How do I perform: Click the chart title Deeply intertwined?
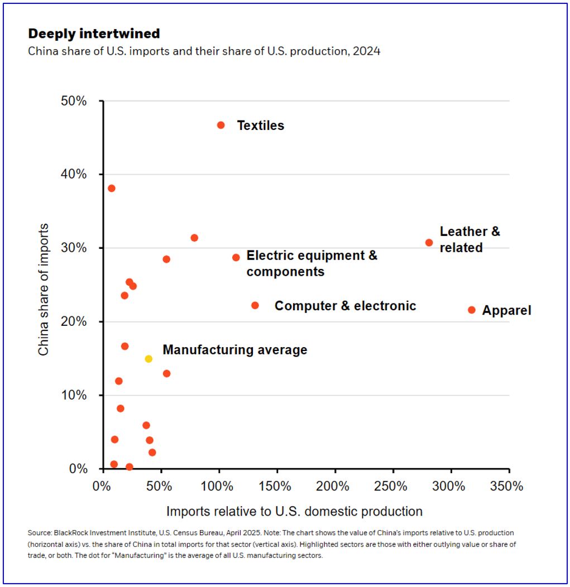click(x=94, y=34)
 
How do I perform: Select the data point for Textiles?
click(x=221, y=125)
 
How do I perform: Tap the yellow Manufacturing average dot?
click(x=149, y=359)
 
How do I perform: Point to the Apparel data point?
click(x=472, y=310)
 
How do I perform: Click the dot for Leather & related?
click(x=429, y=243)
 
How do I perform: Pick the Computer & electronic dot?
click(x=255, y=305)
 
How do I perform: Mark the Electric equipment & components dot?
click(x=236, y=258)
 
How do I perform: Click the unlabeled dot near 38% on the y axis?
click(x=112, y=188)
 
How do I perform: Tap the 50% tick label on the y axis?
click(x=74, y=101)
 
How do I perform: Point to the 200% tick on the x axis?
click(x=334, y=486)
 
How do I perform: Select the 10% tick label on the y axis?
click(x=74, y=395)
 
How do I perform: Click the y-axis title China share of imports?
click(x=44, y=290)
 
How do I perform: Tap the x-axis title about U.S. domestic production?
click(x=294, y=511)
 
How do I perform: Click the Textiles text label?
click(x=260, y=126)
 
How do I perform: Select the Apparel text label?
click(x=506, y=310)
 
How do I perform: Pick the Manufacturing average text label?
click(x=234, y=350)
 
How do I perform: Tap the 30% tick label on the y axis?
click(x=74, y=248)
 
